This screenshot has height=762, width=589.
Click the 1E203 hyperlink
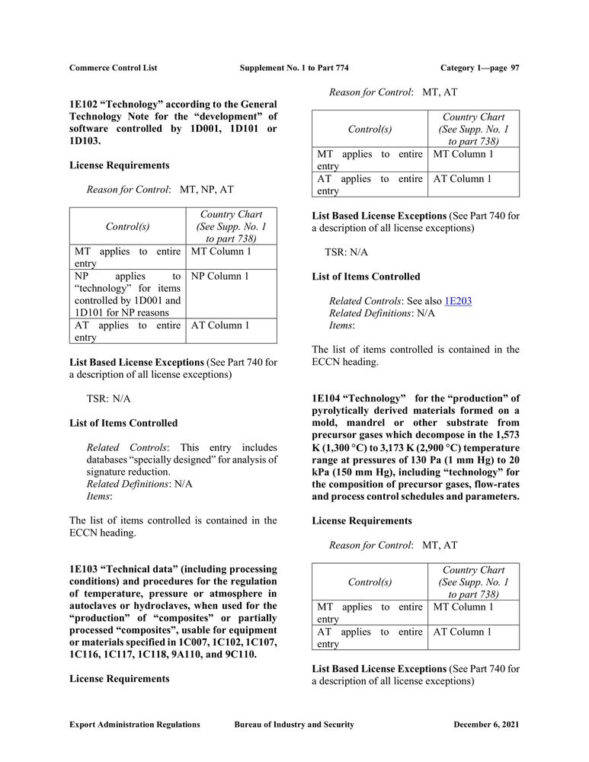(x=458, y=301)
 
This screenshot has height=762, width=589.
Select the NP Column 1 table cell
(x=220, y=276)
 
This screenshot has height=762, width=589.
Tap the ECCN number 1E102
(x=83, y=104)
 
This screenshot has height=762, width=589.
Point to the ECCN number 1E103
(x=83, y=569)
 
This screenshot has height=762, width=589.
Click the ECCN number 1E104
(x=326, y=399)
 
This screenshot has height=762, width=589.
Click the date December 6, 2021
(x=486, y=725)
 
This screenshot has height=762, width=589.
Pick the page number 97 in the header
(x=515, y=68)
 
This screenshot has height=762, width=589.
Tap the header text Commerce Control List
(x=113, y=68)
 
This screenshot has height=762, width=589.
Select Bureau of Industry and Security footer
(x=294, y=725)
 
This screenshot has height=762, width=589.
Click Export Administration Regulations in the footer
(x=134, y=725)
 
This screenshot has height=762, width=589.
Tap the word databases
(x=111, y=459)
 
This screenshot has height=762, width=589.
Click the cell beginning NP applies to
(x=127, y=294)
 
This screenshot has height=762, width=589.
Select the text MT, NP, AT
(x=206, y=190)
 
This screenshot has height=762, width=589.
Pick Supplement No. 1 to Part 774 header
(x=294, y=68)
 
